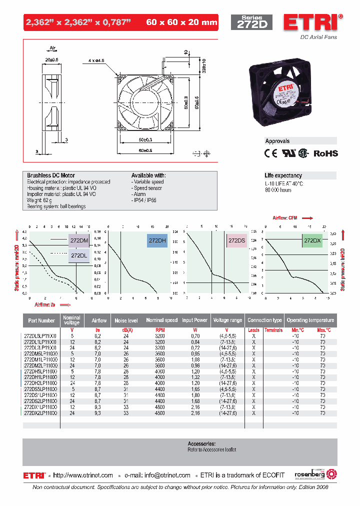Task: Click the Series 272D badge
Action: (x=251, y=23)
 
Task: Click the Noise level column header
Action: (x=126, y=320)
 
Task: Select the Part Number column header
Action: (x=41, y=320)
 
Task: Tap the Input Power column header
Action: (x=194, y=320)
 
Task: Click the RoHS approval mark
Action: (x=325, y=153)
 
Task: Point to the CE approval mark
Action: (x=270, y=153)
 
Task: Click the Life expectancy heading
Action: (x=283, y=175)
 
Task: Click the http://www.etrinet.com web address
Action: (x=83, y=475)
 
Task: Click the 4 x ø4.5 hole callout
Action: (x=96, y=60)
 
